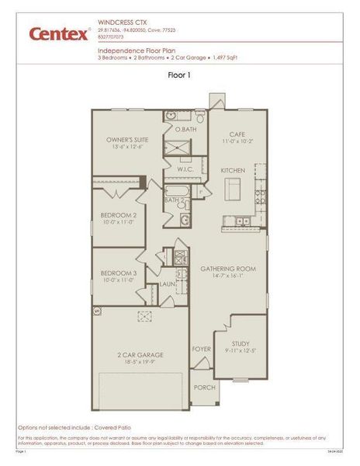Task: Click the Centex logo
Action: tap(57, 34)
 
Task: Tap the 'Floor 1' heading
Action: tap(179, 75)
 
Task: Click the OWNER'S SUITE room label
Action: tap(127, 140)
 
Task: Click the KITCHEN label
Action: tap(233, 169)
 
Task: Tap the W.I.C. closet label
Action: tap(185, 169)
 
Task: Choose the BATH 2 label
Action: tap(173, 200)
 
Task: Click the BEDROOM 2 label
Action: tap(119, 215)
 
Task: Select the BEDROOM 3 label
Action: tap(119, 273)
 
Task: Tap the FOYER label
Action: tap(202, 349)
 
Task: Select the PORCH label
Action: tap(204, 387)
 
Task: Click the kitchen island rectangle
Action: tap(233, 188)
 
